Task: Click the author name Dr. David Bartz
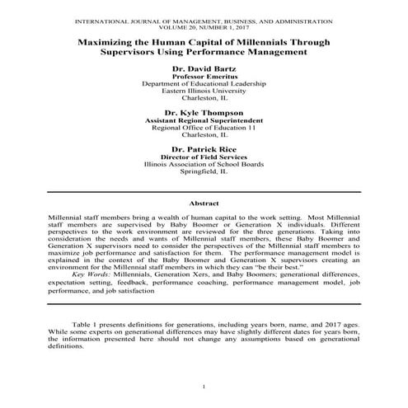click(x=204, y=68)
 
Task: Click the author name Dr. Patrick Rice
click(x=204, y=148)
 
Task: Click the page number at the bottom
click(x=204, y=387)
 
